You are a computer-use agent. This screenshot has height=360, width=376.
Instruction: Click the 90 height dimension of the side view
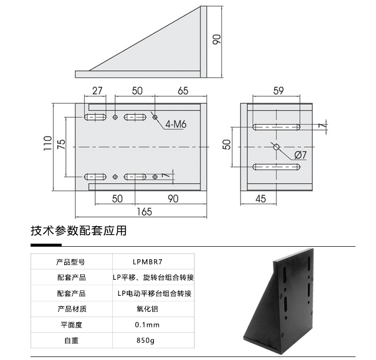(x=217, y=39)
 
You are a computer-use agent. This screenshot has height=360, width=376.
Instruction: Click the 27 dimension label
(x=97, y=91)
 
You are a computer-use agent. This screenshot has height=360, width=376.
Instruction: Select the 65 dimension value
(x=183, y=91)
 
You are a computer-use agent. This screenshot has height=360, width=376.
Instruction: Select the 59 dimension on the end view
(x=278, y=91)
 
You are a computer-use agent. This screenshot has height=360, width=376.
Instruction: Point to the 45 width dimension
(x=261, y=199)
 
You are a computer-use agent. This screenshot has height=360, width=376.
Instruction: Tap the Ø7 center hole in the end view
(x=276, y=146)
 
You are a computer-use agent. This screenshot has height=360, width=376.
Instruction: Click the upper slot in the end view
(x=276, y=126)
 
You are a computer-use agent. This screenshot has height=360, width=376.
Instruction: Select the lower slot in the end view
(x=276, y=166)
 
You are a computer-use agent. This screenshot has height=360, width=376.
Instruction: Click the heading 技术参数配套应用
(x=79, y=231)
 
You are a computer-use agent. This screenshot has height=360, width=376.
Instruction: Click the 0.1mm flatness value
(x=147, y=325)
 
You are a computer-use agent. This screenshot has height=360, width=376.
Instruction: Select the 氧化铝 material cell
(x=147, y=309)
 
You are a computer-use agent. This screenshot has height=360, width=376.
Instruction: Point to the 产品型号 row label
(x=71, y=262)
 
